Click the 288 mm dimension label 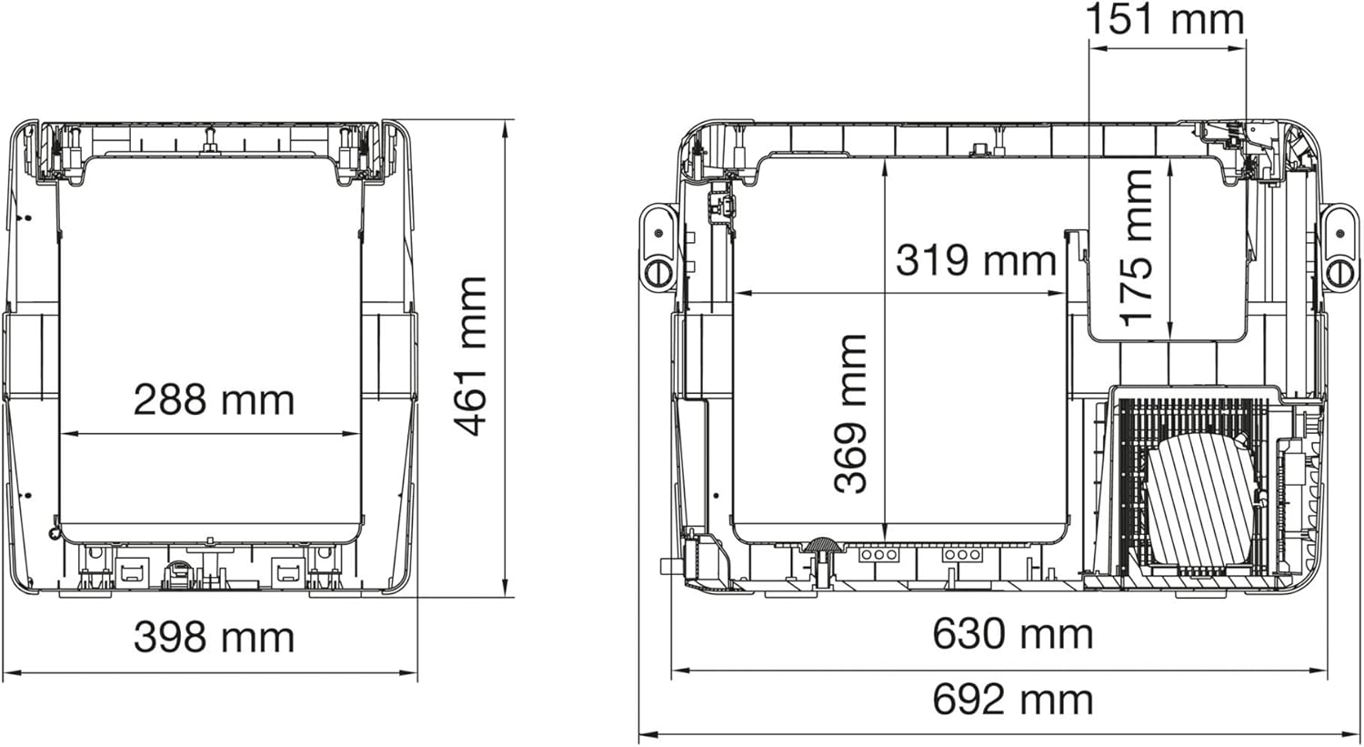tap(214, 400)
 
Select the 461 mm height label tap(472, 356)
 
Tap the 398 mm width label tap(214, 637)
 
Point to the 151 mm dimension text tap(1166, 20)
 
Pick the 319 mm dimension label tap(976, 260)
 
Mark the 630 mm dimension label tap(1012, 633)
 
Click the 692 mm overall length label tap(1012, 700)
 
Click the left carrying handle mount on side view tap(657, 247)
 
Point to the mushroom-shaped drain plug tap(820, 546)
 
